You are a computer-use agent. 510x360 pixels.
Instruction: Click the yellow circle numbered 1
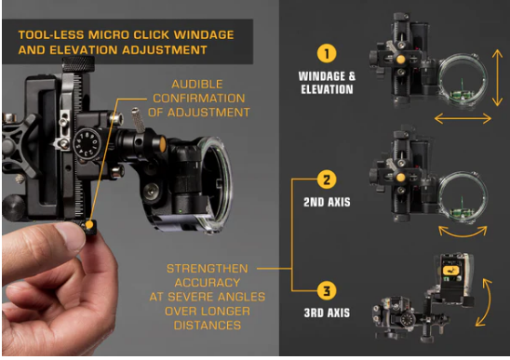tap(327, 54)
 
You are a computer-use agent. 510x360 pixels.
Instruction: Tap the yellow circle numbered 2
tap(327, 180)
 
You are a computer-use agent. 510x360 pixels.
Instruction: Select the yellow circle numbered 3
tap(327, 290)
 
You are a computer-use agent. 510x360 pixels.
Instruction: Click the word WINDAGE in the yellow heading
tap(204, 34)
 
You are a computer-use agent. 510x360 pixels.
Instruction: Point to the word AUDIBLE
tap(197, 85)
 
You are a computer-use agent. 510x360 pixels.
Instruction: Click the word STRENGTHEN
tap(208, 269)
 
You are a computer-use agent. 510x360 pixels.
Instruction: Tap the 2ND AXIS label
tap(327, 202)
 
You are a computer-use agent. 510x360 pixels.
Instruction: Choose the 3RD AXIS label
tap(327, 313)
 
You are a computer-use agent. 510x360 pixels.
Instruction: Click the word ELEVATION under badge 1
tap(327, 89)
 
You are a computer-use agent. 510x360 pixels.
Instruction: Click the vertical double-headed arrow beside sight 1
tap(497, 78)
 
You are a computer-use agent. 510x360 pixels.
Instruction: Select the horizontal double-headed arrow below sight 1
tap(463, 118)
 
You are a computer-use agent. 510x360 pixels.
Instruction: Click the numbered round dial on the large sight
tap(87, 143)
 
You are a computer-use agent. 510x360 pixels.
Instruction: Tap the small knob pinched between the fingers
tap(88, 226)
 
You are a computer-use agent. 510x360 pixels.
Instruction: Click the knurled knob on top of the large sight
tap(78, 64)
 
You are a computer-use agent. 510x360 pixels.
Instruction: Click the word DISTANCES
tap(208, 326)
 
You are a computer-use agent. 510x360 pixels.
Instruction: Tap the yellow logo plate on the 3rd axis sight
tap(450, 271)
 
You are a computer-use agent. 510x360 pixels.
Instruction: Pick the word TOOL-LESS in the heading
tap(51, 34)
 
